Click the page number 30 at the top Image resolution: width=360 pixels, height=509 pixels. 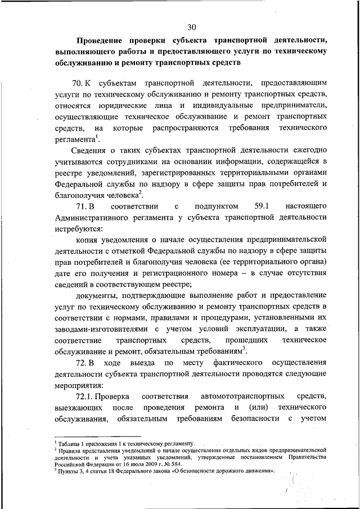191,27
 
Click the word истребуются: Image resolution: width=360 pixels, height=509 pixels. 79,229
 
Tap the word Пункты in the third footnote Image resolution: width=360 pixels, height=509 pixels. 68,471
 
